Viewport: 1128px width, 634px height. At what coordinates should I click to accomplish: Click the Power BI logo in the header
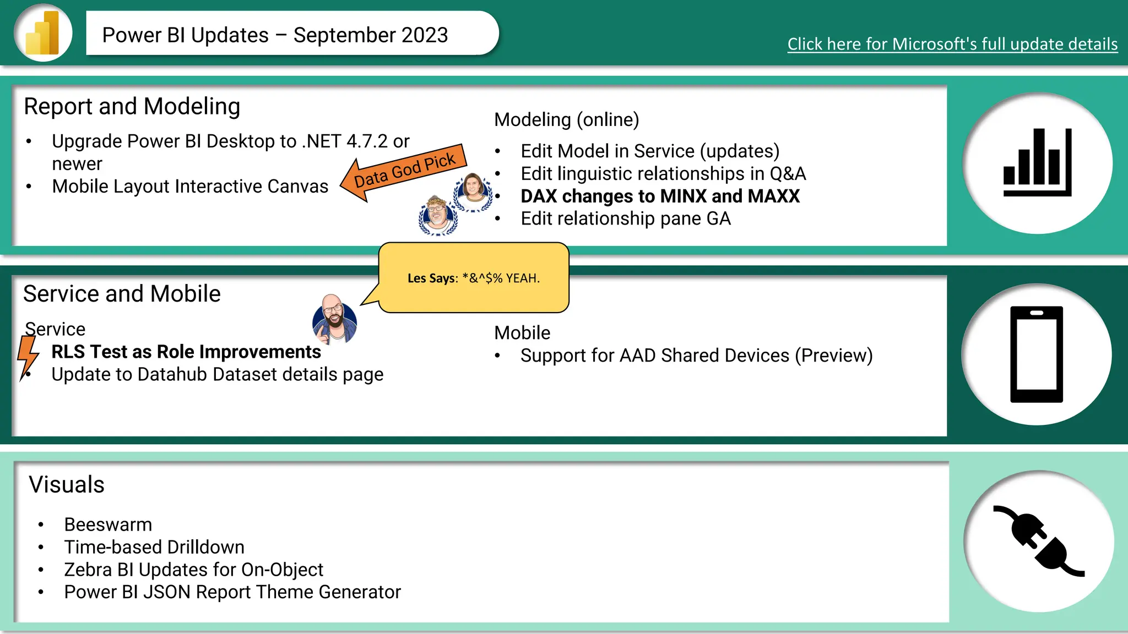coord(43,33)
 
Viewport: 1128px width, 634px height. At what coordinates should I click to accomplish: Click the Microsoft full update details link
coord(952,44)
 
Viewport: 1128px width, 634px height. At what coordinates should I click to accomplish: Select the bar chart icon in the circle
coord(1037,163)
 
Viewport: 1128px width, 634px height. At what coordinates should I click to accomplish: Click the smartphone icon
coord(1036,354)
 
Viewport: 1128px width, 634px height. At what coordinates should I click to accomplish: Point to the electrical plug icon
coord(1038,541)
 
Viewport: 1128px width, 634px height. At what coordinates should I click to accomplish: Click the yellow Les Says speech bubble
coord(474,278)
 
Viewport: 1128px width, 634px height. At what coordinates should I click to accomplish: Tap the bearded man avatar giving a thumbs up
coord(334,320)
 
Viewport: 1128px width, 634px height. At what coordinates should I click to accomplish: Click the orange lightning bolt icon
coord(28,356)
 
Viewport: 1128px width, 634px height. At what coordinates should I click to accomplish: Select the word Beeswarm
coord(108,524)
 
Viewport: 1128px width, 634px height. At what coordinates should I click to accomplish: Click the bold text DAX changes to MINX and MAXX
coord(660,196)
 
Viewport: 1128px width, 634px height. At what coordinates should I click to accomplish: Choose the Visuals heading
coord(67,485)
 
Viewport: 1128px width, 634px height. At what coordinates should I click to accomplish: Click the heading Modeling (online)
coord(566,119)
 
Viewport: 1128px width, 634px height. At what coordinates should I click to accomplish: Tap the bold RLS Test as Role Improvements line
coord(186,352)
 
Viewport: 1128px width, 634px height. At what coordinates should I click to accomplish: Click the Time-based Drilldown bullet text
coord(154,547)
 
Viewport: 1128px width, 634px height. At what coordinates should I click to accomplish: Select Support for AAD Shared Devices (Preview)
coord(696,356)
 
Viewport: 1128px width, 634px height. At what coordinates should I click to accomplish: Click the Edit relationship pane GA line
coord(626,218)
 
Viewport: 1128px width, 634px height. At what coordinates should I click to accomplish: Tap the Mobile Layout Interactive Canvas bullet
coord(190,187)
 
